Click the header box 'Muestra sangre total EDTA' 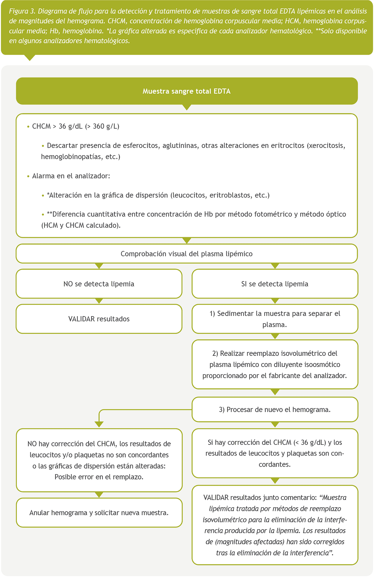tap(187, 91)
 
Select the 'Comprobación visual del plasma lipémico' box tap(187, 254)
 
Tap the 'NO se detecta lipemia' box tap(99, 284)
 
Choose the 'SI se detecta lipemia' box tap(275, 284)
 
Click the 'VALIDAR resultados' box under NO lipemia tap(99, 319)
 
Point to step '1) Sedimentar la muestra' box tap(275, 319)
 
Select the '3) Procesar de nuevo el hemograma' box tap(275, 409)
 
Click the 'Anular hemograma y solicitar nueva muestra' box tap(99, 513)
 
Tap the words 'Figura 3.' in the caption tap(23, 11)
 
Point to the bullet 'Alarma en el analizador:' tap(71, 176)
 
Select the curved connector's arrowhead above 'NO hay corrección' tap(99, 424)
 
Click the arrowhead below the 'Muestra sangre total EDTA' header tap(187, 107)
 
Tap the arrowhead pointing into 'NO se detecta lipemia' tap(99, 266)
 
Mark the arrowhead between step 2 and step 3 tap(275, 392)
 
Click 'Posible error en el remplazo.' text tap(99, 477)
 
